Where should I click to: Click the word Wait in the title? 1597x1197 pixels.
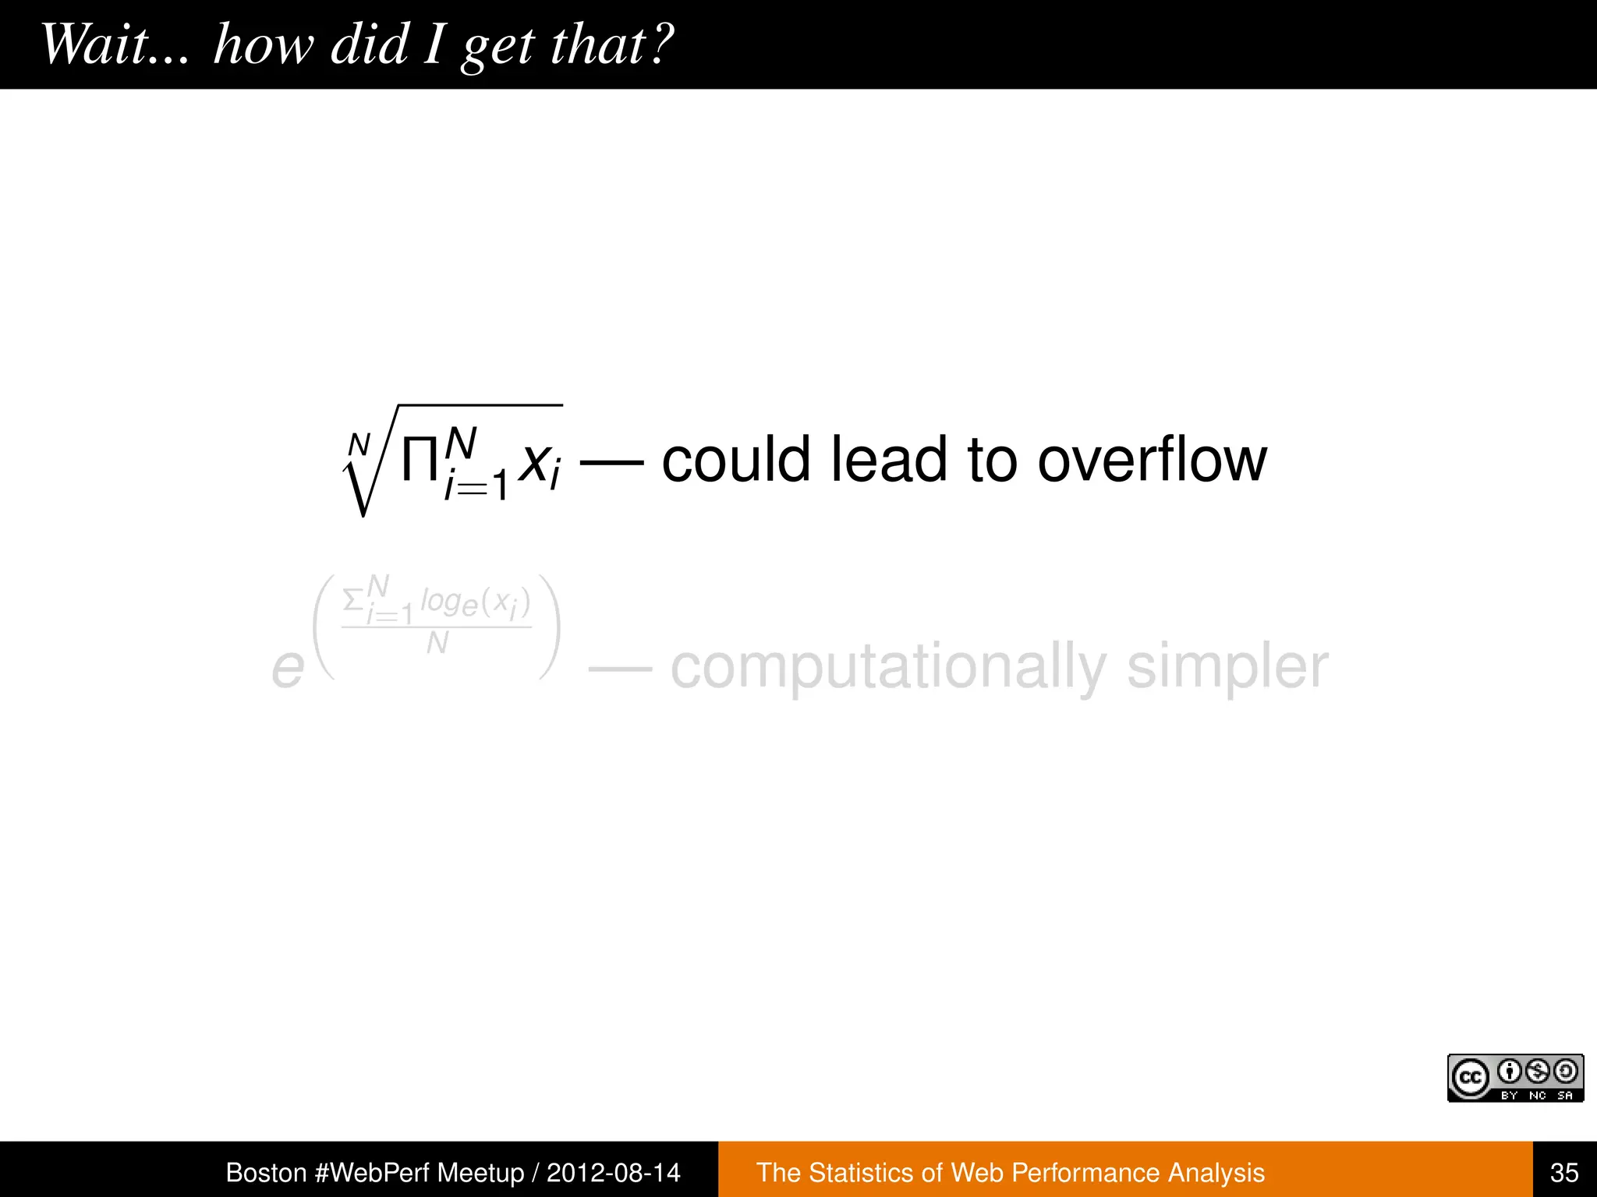94,44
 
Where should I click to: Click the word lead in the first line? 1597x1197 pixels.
888,460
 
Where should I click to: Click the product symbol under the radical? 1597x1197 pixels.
419,461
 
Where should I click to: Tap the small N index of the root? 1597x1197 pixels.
359,445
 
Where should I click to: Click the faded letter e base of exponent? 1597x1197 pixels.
287,669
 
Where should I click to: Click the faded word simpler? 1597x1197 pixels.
1227,667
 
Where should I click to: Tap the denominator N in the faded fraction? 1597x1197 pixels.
437,644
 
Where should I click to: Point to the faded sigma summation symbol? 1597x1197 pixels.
353,600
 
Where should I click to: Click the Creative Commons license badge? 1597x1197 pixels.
1514,1078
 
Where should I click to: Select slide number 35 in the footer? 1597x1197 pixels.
1564,1172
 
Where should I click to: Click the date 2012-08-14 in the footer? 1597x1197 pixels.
613,1172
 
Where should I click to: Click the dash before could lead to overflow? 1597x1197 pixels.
612,462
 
